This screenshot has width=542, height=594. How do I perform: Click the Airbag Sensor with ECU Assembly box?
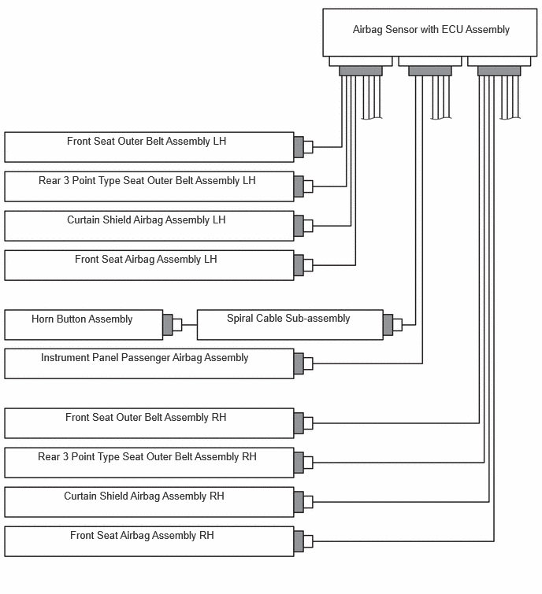click(429, 32)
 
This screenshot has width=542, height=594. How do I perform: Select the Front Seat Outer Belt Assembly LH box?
click(149, 147)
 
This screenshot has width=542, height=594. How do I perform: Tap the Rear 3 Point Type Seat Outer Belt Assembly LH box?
click(149, 186)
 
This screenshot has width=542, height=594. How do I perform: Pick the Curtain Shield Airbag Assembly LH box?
click(149, 226)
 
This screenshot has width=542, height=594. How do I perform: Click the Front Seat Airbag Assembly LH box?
click(149, 265)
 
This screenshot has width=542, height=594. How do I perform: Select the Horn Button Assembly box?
click(84, 325)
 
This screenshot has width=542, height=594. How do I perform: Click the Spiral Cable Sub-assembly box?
click(290, 325)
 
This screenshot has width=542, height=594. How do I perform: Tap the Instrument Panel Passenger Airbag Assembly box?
click(149, 363)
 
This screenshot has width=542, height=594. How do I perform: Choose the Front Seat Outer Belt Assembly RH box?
click(149, 423)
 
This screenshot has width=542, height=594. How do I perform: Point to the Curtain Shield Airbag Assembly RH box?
click(149, 502)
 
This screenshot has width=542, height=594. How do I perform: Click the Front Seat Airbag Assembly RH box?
click(149, 541)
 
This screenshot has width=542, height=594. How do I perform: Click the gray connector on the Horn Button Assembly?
click(168, 325)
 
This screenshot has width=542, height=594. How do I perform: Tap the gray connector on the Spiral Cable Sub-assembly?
click(388, 325)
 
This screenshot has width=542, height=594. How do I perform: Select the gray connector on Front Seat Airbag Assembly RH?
click(299, 541)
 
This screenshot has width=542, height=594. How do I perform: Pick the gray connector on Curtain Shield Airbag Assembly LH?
click(299, 226)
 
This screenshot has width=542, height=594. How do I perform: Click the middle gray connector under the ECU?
click(429, 71)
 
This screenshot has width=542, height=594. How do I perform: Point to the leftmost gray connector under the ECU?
click(361, 71)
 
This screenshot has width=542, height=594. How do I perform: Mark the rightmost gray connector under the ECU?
click(499, 71)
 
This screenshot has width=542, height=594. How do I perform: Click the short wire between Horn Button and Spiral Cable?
click(190, 325)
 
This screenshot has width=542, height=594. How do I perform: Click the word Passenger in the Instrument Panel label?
click(146, 358)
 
